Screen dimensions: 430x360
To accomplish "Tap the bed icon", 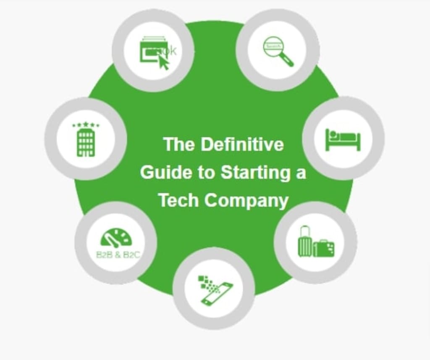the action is tap(343, 139).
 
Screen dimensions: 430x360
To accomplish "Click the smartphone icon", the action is tap(217, 294).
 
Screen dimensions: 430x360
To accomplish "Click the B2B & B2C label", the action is tap(118, 255).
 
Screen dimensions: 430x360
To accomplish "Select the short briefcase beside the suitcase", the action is tap(323, 248).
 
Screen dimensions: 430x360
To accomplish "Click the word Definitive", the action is tap(242, 145).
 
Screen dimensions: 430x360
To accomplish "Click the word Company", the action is tap(246, 200).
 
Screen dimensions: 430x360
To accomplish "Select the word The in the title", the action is tap(179, 145).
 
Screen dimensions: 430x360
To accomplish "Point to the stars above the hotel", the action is tap(86, 124).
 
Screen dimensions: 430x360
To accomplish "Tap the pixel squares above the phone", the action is tap(205, 282).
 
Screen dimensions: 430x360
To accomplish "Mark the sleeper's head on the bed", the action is tap(333, 134).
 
